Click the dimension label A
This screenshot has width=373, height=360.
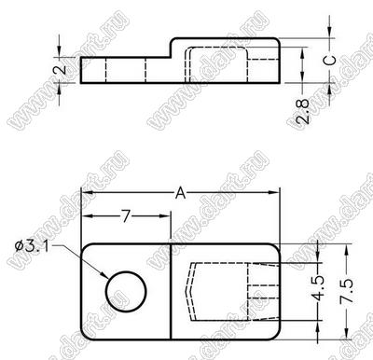pyautogui.click(x=181, y=193)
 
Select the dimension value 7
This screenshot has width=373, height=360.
pyautogui.click(x=125, y=216)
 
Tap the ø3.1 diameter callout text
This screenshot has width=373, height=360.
pyautogui.click(x=32, y=246)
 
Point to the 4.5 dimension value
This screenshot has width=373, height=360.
pyautogui.click(x=318, y=288)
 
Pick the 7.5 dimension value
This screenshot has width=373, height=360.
pyautogui.click(x=347, y=291)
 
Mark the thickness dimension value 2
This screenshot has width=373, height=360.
pyautogui.click(x=62, y=69)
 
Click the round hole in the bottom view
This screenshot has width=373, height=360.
pyautogui.click(x=126, y=292)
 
